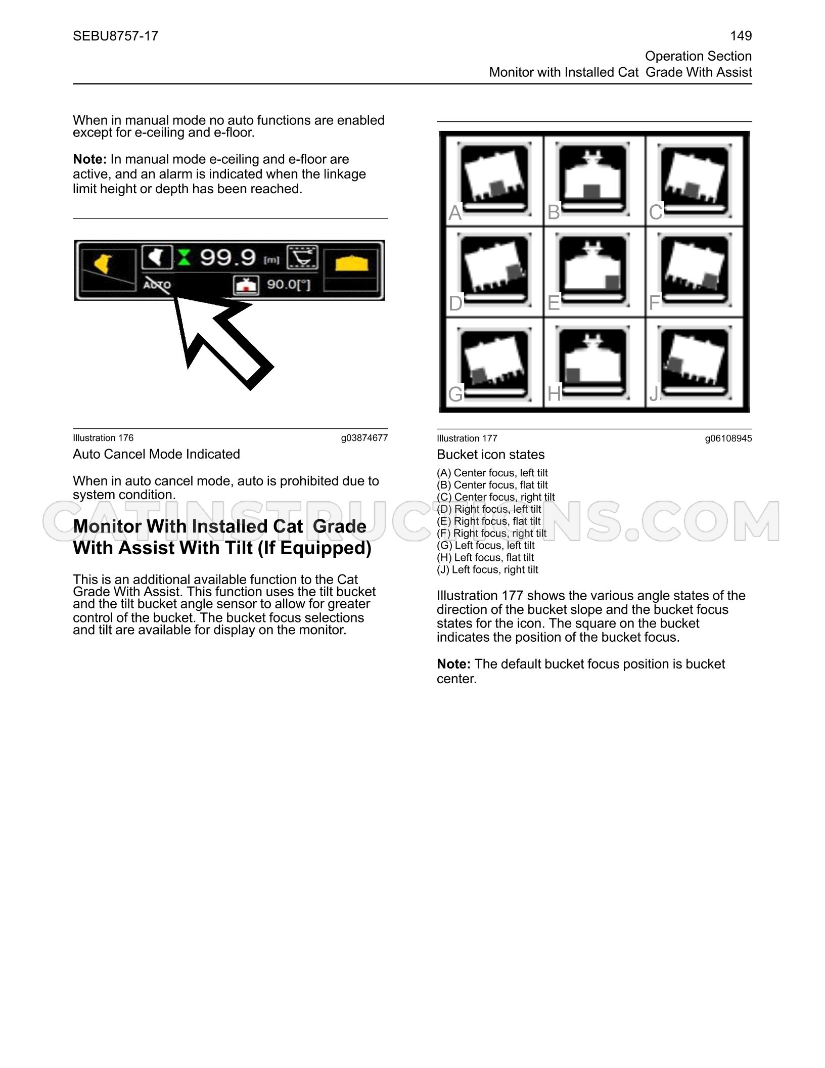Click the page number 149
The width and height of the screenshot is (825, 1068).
tap(741, 36)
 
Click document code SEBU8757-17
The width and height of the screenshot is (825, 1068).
tap(116, 36)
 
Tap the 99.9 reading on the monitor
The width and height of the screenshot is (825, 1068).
tap(228, 257)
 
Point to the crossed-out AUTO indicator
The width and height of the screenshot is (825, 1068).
tap(157, 284)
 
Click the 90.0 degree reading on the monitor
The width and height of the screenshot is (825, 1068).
tap(289, 285)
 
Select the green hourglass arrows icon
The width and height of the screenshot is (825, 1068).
tap(184, 257)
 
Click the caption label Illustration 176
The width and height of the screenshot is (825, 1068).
tap(103, 438)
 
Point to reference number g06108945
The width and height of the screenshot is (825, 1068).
tap(728, 438)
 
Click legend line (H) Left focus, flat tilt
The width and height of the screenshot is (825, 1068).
tap(485, 557)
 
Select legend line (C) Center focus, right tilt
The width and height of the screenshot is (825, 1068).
tap(496, 497)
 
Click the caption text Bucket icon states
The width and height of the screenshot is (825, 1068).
tap(491, 455)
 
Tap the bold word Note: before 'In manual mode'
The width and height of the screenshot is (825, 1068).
tap(89, 159)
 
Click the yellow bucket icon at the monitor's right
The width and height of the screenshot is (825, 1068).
tap(352, 263)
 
